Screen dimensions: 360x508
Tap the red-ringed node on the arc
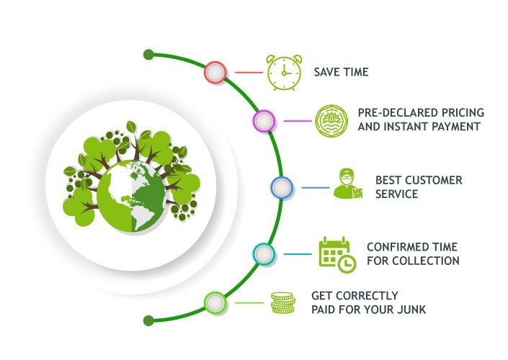(x=215, y=72)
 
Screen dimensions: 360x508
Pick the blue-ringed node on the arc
(x=281, y=188)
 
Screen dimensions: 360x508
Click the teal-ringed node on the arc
(x=264, y=253)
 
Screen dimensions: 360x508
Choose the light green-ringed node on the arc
(x=215, y=302)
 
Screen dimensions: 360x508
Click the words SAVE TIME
(x=341, y=72)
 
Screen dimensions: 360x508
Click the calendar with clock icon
(x=337, y=253)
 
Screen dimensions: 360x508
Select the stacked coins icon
(x=282, y=302)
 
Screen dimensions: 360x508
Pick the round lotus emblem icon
(x=332, y=120)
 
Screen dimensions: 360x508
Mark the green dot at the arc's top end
(x=148, y=54)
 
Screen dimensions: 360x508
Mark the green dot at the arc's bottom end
(x=148, y=320)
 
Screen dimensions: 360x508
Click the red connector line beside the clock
(x=248, y=72)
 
